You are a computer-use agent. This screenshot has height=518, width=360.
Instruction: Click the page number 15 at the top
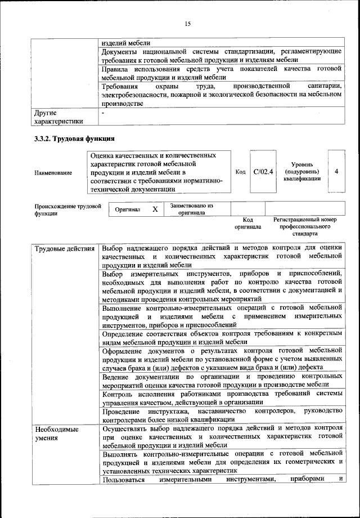(188, 23)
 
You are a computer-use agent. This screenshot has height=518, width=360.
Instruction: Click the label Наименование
(53, 172)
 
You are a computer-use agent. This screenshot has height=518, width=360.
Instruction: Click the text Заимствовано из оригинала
(191, 209)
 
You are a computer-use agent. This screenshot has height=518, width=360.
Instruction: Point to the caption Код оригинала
(248, 224)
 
